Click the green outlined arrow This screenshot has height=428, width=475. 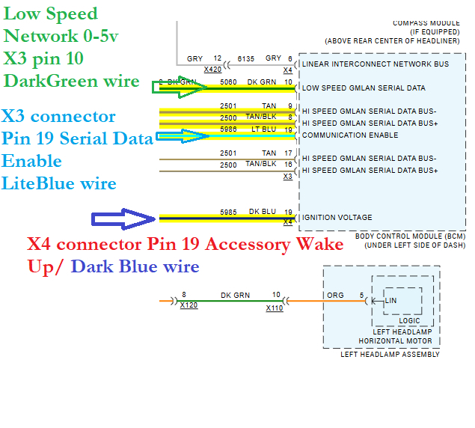point(180,88)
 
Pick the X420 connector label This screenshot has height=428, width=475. point(212,70)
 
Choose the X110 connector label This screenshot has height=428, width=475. point(275,307)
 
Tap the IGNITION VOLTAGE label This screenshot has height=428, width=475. point(337,218)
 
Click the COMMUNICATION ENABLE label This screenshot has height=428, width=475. point(349,135)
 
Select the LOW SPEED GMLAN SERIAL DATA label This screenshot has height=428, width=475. point(364,88)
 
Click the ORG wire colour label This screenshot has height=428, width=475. point(335,296)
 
